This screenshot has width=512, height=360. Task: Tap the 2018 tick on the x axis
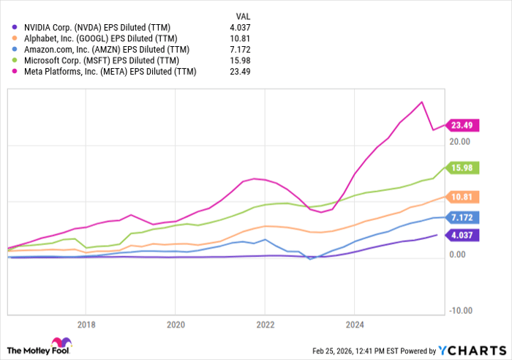[x=86, y=324]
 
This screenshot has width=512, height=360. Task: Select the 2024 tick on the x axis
[x=354, y=324]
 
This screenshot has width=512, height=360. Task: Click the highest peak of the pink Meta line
[x=421, y=102]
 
